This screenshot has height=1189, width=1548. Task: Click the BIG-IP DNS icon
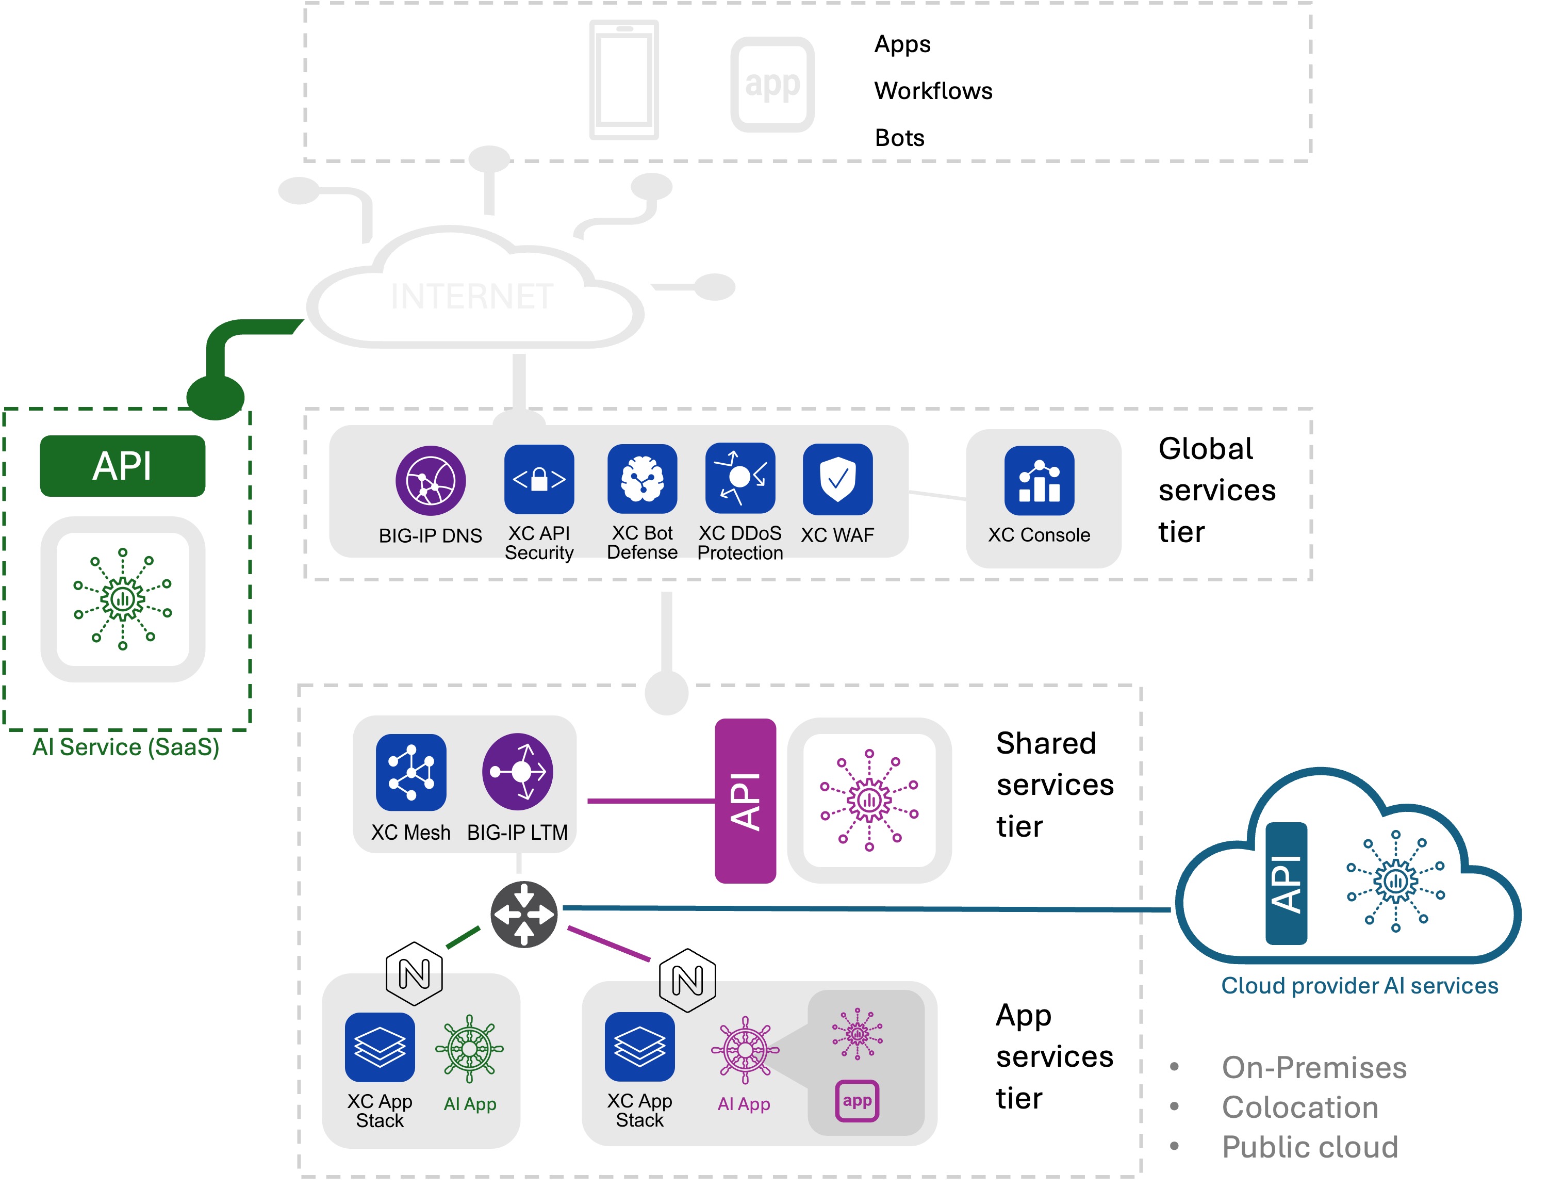pos(430,481)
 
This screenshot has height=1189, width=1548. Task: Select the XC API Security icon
pos(539,479)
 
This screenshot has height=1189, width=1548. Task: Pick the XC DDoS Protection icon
pos(740,478)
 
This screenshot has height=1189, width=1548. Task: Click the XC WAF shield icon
pos(837,479)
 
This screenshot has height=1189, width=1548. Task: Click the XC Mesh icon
pos(411,772)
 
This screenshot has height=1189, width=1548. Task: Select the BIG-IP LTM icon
pos(517,772)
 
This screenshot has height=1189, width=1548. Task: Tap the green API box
pos(122,466)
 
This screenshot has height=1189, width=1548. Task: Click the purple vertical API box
pos(745,801)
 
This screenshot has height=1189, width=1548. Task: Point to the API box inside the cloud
pos(1286,883)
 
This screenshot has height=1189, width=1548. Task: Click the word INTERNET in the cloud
pos(472,297)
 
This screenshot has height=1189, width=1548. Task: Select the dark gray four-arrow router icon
pos(523,915)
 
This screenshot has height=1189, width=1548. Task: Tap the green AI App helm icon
pos(469,1049)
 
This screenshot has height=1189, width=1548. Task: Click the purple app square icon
pos(857,1100)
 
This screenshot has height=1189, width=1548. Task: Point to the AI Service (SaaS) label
pos(126,747)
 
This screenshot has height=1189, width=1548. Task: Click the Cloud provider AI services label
pos(1359,986)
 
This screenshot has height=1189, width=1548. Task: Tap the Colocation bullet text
pos(1299,1107)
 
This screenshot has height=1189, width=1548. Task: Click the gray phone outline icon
pos(624,79)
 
